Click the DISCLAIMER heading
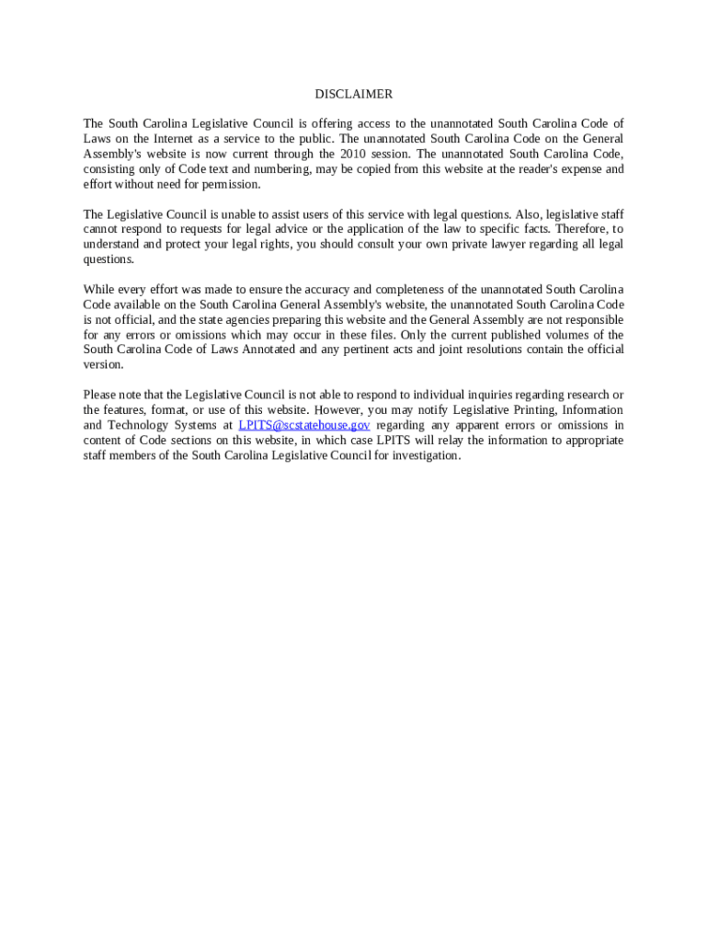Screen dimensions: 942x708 pyautogui.click(x=353, y=94)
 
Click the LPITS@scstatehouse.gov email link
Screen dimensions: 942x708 pyautogui.click(x=304, y=425)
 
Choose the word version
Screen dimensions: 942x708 pyautogui.click(x=102, y=364)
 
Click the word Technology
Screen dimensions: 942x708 pyautogui.click(x=140, y=425)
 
